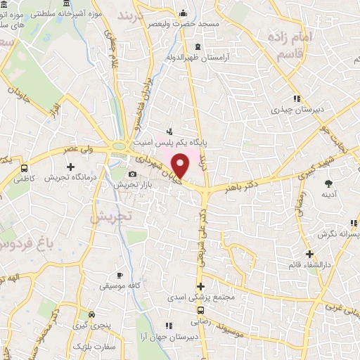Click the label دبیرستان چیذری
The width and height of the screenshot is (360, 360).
point(296,110)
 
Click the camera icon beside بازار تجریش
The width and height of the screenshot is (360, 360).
point(131,174)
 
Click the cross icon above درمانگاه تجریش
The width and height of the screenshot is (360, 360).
point(70,167)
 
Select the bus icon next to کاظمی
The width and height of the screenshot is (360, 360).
point(25,169)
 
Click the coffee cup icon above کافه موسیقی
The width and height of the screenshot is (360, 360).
point(119,274)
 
